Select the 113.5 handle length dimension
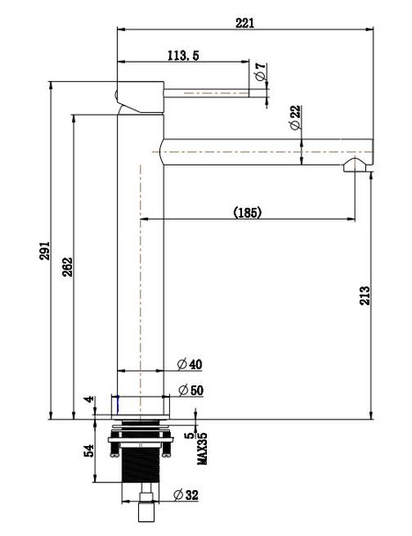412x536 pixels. (x=182, y=56)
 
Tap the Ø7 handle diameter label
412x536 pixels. (x=261, y=73)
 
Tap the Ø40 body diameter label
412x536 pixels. (x=188, y=364)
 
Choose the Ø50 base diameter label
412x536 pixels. (x=188, y=390)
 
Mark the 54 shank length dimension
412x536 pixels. (x=88, y=451)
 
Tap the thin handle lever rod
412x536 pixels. (x=211, y=91)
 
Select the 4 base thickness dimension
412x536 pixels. (x=88, y=401)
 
